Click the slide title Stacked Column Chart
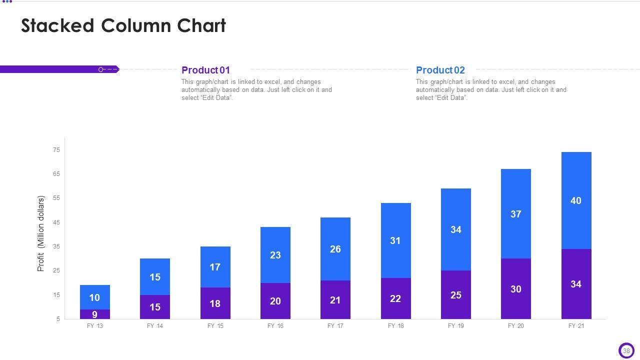tap(123, 25)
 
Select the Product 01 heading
tap(205, 70)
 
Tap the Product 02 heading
tap(440, 70)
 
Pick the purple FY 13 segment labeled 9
tap(94, 314)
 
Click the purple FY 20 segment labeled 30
tap(515, 289)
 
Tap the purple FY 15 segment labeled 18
tap(215, 303)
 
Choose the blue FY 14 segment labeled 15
tap(155, 277)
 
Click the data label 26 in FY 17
tap(335, 249)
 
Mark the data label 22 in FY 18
tap(395, 298)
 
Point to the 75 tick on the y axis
tap(56, 150)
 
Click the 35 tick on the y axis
tap(56, 246)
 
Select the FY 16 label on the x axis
tap(275, 326)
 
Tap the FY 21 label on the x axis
tap(576, 326)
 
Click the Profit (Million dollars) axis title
tap(41, 233)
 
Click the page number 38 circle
tap(626, 350)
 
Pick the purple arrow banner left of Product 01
tap(59, 69)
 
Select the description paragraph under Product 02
tap(491, 90)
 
